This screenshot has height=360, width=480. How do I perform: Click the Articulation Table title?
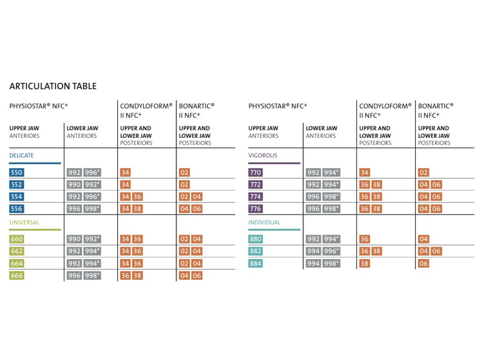53,86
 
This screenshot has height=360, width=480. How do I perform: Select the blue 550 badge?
16,172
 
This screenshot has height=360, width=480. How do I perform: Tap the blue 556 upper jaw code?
16,209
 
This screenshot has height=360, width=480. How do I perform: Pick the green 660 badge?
16,239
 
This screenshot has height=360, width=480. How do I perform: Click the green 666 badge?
16,276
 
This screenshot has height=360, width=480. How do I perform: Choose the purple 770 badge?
255,172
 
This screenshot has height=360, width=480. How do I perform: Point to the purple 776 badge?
255,209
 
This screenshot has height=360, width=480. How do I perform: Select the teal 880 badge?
255,239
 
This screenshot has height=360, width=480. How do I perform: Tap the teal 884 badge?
255,263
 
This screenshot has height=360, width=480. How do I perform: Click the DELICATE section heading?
22,156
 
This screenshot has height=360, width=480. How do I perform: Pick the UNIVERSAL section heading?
24,223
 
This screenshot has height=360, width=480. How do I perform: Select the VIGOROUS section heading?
263,156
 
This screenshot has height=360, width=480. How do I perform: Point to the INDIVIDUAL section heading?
264,223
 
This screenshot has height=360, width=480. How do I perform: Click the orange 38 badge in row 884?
365,263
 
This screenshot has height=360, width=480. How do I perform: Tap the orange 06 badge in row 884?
423,263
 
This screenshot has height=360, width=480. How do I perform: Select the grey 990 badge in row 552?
75,185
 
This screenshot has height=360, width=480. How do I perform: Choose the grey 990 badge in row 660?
75,239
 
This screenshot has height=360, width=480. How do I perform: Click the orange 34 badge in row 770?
365,172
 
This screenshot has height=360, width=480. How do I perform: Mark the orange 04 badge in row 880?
423,239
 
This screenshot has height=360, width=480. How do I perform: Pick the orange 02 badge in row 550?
184,172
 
